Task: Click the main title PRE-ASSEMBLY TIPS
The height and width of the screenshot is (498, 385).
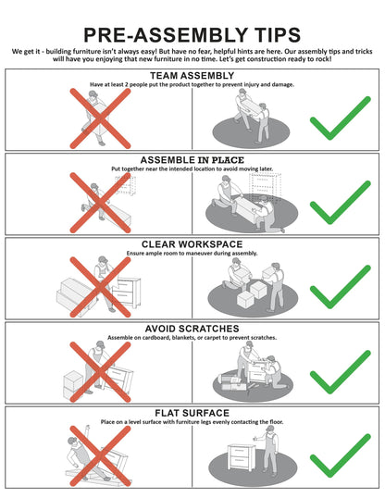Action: tap(192, 34)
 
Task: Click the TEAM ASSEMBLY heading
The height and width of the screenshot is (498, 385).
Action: tap(192, 76)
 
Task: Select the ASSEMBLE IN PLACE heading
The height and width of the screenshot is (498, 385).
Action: tap(192, 160)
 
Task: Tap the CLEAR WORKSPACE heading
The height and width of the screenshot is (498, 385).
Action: tap(192, 244)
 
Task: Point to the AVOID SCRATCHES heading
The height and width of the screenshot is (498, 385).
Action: tap(192, 329)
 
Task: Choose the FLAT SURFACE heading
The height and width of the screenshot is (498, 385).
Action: tap(192, 413)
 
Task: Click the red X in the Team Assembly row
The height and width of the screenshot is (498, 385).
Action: tap(100, 118)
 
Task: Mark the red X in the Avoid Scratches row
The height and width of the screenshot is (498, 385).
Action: tap(100, 372)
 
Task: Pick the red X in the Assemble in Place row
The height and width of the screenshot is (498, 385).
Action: tap(100, 203)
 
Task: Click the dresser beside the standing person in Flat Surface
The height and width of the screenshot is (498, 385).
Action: tap(242, 457)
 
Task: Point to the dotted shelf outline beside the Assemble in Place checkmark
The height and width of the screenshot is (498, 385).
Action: tap(266, 186)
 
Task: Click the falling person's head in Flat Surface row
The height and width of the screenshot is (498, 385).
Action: tap(72, 442)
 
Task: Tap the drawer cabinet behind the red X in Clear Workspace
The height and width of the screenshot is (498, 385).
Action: tap(127, 293)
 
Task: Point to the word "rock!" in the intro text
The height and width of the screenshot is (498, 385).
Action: tap(323, 59)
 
